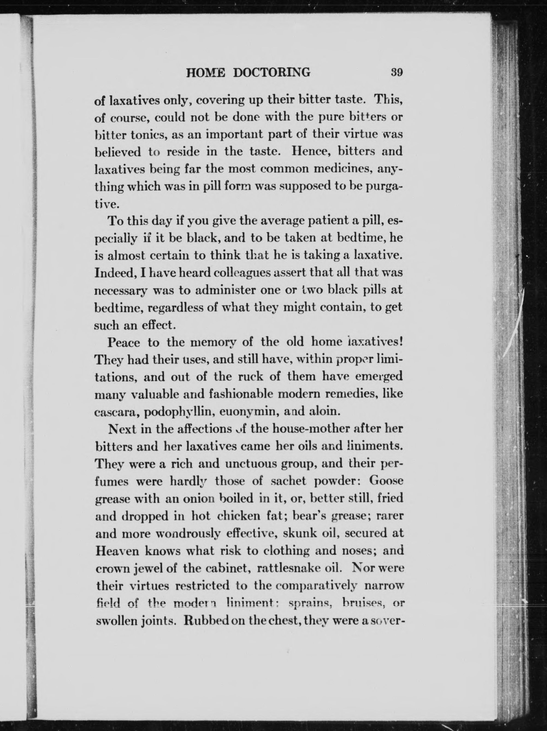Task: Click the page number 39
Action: [396, 72]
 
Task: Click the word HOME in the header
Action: [206, 72]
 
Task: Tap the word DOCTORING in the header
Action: [272, 72]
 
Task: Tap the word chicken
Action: [239, 516]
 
